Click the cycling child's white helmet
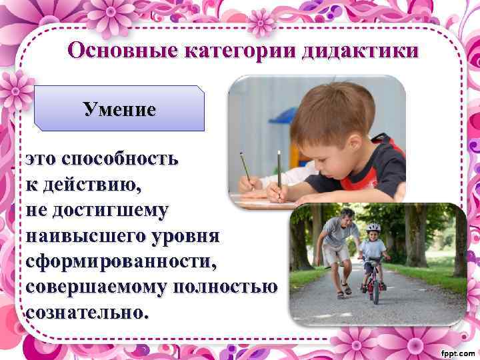[373, 227]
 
